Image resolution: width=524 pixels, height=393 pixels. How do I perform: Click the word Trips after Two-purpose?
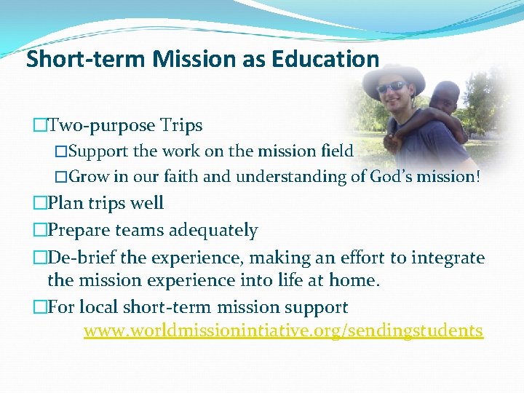[182, 126]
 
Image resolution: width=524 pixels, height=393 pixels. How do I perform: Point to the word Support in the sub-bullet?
[98, 151]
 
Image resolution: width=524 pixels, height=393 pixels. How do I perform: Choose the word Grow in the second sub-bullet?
[90, 176]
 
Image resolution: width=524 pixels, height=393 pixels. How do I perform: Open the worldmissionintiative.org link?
[283, 331]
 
